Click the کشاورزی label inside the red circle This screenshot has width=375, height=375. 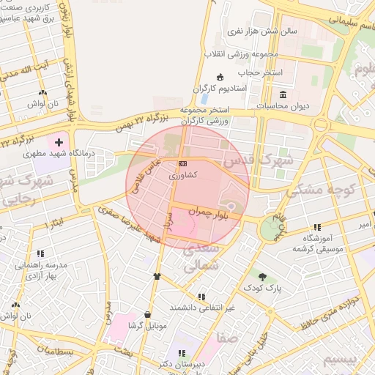click(x=182, y=176)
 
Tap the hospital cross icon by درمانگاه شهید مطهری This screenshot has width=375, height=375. click(x=59, y=138)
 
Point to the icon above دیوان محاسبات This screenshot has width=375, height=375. click(x=283, y=94)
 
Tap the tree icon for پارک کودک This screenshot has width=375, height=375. click(x=262, y=278)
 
